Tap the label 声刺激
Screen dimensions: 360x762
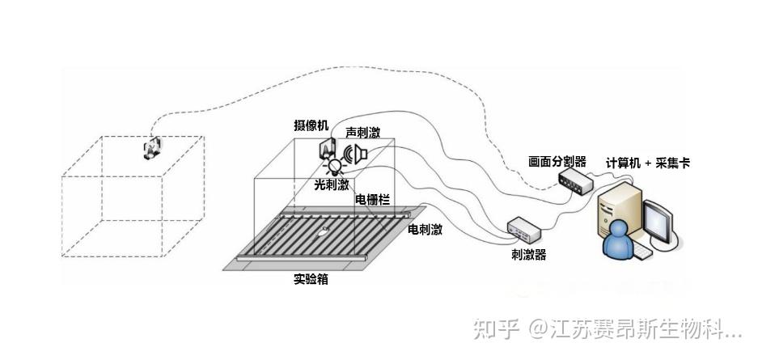pos(362,132)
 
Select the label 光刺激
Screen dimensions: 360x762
pos(332,185)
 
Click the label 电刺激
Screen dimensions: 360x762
pos(425,230)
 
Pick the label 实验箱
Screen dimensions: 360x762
pos(310,280)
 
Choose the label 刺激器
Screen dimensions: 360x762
pos(528,255)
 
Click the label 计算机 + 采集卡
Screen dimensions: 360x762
pos(648,163)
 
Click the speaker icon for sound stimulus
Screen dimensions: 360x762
pos(356,153)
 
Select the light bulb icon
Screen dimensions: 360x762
pos(333,167)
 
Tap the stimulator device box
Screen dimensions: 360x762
pos(523,230)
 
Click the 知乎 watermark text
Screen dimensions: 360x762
pos(495,330)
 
